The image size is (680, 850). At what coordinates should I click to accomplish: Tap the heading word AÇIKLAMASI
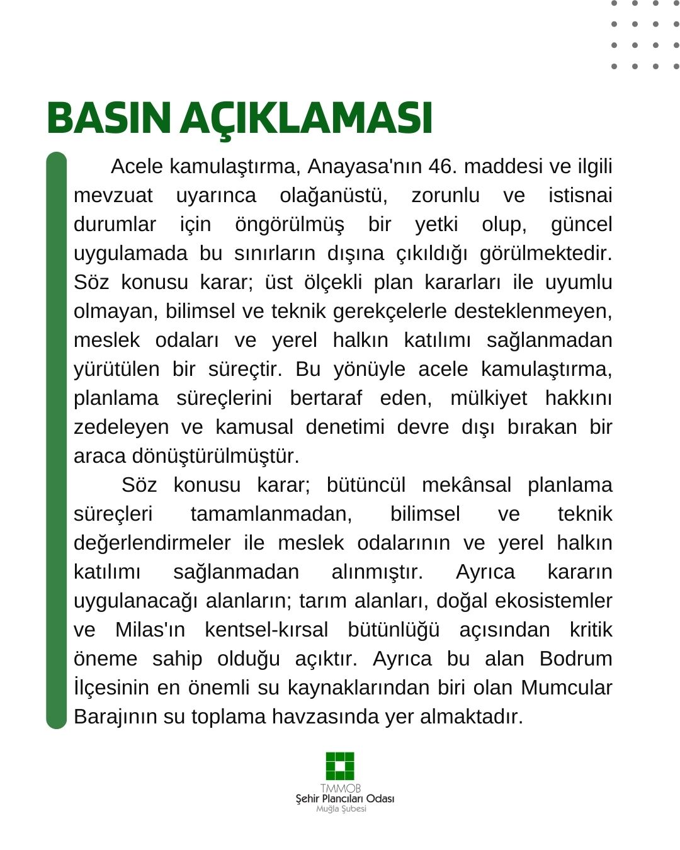307,118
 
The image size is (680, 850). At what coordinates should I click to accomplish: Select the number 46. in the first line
443,166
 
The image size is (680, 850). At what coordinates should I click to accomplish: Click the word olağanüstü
333,195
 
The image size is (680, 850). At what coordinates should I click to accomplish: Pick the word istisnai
580,195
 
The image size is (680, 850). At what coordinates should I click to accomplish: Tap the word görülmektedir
545,253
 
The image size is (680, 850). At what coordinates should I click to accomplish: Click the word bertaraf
326,398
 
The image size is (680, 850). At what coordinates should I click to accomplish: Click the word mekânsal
466,485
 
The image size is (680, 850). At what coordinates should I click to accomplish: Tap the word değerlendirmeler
152,543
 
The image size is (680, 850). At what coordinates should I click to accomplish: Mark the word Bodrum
575,659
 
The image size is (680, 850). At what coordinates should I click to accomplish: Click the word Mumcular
566,688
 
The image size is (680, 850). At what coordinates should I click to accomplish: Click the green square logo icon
340,766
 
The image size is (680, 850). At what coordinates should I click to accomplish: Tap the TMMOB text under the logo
340,788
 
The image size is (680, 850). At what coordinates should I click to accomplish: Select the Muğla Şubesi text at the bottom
341,809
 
